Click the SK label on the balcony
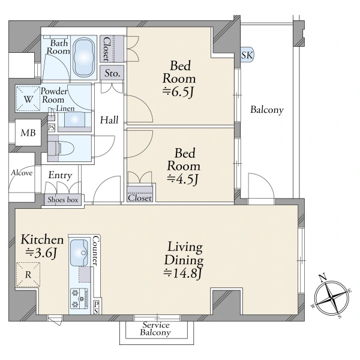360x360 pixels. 247,55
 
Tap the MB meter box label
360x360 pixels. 28,133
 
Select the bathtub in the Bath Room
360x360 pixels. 83,57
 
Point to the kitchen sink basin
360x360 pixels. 79,253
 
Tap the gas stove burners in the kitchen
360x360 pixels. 79,298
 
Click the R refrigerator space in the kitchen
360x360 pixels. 28,275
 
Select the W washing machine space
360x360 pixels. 28,99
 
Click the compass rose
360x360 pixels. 331,298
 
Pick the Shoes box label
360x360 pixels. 63,200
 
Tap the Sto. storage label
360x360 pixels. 112,73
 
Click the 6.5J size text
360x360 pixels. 178,92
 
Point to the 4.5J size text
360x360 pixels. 182,179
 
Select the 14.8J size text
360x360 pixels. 183,273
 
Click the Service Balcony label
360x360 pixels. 155,329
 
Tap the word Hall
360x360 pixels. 109,120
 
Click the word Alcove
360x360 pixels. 22,173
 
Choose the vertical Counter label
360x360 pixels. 96,251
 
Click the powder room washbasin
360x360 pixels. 74,119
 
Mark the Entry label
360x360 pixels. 60,175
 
